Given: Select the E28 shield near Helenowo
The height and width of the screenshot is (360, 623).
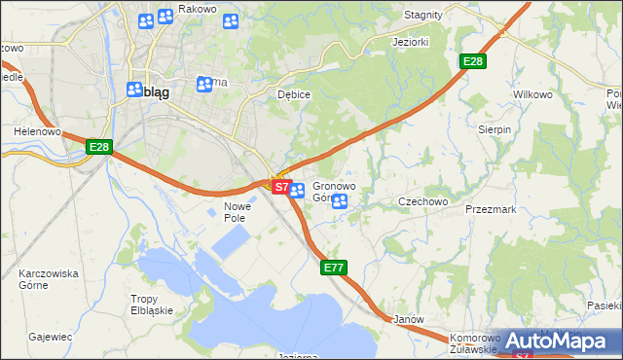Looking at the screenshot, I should [x=99, y=147].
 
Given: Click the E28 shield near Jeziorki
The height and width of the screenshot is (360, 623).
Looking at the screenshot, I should [x=473, y=61].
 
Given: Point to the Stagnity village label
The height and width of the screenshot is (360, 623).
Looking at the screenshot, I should [x=423, y=15].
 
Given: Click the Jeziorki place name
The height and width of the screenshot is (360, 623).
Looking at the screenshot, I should [x=410, y=43].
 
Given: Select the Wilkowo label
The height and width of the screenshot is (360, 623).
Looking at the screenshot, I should [x=531, y=95].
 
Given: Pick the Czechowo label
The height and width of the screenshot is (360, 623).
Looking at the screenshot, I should [x=422, y=201].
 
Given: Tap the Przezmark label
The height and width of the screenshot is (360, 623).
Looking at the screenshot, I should [x=490, y=208].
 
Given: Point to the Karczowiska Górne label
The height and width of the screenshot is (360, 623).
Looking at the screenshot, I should [x=49, y=280].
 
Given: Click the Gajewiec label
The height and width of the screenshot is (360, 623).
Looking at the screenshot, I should [x=51, y=337].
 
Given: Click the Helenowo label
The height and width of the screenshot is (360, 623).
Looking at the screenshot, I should [x=37, y=130].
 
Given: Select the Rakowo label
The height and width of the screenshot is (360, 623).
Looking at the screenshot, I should [x=198, y=9].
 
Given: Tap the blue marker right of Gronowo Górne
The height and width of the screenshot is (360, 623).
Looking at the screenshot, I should [x=340, y=201].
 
